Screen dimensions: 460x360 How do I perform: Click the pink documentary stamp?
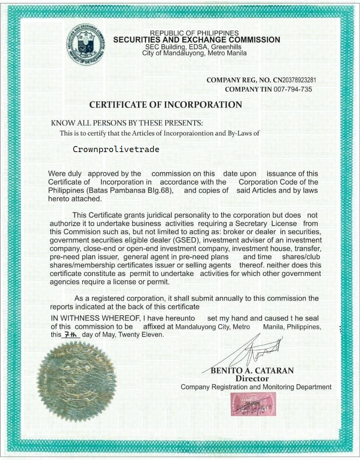pyautogui.click(x=253, y=404)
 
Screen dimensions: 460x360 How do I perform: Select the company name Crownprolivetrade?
pyautogui.click(x=116, y=149)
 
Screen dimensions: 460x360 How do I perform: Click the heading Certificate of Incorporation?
pyautogui.click(x=165, y=105)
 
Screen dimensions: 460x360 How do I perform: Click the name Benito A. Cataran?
pyautogui.click(x=252, y=371)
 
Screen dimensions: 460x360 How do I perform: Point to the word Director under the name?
pyautogui.click(x=252, y=379)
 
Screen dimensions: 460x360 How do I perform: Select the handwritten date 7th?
pyautogui.click(x=71, y=335)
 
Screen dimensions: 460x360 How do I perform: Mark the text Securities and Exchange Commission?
pyautogui.click(x=196, y=40)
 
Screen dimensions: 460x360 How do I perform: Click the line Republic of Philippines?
pyautogui.click(x=194, y=33)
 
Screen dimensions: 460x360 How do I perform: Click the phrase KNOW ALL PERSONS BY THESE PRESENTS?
pyautogui.click(x=127, y=123)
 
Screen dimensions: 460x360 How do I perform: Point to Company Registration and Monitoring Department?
pyautogui.click(x=256, y=387)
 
